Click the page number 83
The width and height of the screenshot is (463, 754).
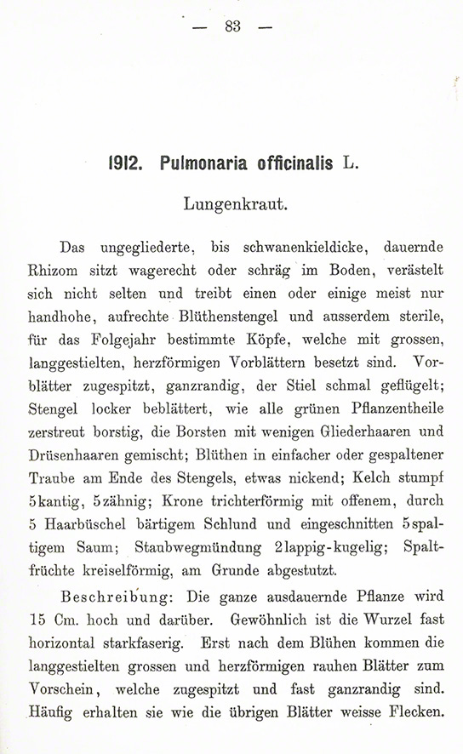231,26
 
